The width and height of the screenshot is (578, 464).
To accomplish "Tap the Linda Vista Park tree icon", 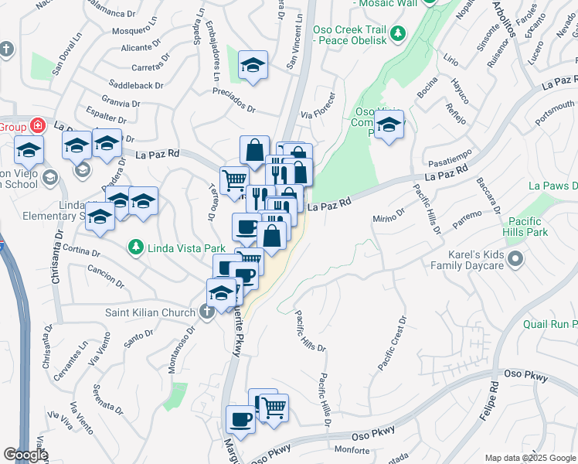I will (x=137, y=247).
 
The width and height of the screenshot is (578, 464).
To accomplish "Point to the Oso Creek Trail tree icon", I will (x=398, y=33).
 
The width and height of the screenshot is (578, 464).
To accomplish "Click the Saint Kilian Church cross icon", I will (x=206, y=312).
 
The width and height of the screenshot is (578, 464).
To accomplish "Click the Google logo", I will (x=25, y=455).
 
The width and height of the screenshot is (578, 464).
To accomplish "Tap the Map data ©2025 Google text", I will (x=530, y=458).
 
